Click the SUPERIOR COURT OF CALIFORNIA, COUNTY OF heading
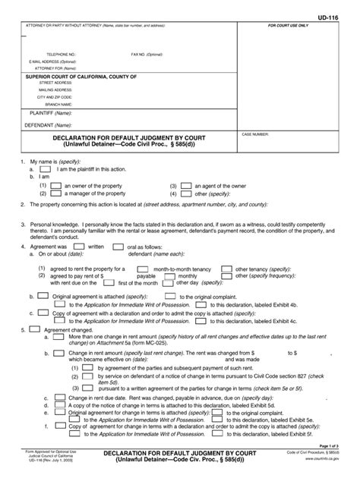(81, 77)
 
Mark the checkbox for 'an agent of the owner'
(185, 185)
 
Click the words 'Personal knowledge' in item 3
(52, 225)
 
